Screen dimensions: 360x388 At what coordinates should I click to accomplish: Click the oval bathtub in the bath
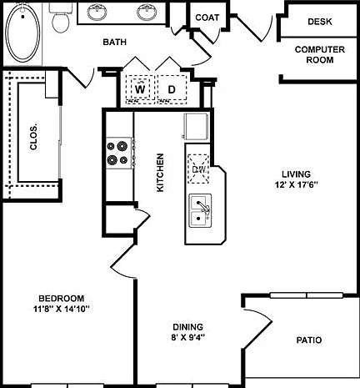22,33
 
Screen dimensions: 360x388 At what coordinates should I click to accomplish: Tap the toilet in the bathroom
61,18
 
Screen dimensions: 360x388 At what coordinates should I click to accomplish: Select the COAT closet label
207,18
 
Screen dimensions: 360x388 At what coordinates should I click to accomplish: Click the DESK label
320,22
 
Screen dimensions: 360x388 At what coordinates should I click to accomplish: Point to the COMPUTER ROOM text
320,54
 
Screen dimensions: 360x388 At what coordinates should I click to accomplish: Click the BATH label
114,42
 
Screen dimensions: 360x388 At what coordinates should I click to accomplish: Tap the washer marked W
140,89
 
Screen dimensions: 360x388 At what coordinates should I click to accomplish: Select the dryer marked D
172,89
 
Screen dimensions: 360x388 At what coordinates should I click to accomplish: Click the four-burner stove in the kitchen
119,153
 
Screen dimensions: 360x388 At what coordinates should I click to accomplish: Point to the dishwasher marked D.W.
198,169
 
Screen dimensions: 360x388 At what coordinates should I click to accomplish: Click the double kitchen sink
200,210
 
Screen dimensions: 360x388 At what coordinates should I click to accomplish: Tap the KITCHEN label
160,173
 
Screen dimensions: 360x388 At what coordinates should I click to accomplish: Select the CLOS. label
33,138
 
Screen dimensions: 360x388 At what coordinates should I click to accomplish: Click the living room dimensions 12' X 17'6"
296,185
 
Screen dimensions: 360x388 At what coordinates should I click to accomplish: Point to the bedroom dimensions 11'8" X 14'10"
62,309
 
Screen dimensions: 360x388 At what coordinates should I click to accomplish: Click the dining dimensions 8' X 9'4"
188,337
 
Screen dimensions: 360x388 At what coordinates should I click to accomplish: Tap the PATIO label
309,340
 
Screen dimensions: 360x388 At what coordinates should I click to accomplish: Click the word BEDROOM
62,299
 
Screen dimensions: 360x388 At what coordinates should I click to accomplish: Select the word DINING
188,327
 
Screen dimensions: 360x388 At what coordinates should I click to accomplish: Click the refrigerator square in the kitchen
196,127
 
